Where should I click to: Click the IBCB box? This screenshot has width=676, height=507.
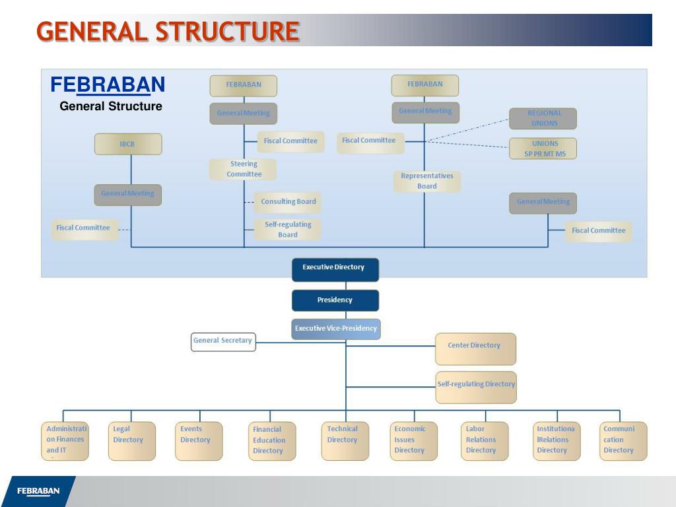[127, 144]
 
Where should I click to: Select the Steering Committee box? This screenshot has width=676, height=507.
[243, 169]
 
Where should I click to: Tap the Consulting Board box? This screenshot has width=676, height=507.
[288, 202]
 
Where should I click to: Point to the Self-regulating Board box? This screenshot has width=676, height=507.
[288, 230]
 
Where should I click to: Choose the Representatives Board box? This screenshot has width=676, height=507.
[427, 181]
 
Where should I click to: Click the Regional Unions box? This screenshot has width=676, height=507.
[543, 118]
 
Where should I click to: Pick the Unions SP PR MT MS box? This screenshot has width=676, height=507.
[543, 149]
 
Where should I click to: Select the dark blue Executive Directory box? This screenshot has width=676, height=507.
[335, 268]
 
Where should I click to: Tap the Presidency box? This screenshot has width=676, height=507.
[335, 300]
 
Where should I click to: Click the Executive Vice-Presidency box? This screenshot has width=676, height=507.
[336, 329]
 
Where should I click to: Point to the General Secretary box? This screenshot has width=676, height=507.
[223, 341]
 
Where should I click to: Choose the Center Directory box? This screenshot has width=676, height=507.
[475, 349]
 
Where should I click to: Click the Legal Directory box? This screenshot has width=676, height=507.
[132, 441]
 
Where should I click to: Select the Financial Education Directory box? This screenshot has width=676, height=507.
[272, 441]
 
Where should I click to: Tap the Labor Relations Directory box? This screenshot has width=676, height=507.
[485, 441]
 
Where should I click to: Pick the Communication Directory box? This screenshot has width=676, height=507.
[623, 441]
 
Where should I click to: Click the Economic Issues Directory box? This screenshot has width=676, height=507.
[414, 441]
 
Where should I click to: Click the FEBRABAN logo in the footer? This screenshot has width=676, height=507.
[38, 491]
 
